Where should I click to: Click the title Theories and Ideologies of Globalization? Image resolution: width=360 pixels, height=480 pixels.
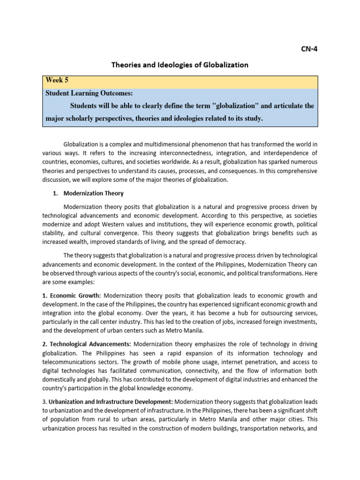tap(180, 65)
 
